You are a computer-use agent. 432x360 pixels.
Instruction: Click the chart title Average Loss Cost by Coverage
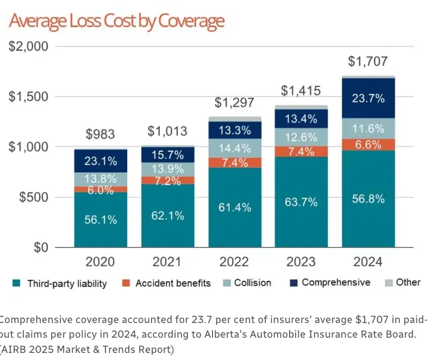tap(116, 21)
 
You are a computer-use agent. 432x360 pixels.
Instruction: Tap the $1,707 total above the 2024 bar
tap(368, 62)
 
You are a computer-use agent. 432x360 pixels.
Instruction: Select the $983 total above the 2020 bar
tap(101, 135)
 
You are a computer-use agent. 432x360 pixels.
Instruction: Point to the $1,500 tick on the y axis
tap(29, 97)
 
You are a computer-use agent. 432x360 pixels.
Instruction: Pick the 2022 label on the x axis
tap(234, 262)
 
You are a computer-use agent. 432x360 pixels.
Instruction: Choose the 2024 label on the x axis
tap(368, 262)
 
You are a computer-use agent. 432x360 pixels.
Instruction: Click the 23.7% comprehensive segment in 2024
tap(368, 98)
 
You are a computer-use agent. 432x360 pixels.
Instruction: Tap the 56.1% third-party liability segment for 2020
tap(101, 220)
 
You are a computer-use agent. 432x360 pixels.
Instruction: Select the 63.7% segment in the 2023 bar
tap(301, 202)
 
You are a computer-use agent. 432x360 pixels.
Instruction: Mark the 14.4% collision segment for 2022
tap(234, 148)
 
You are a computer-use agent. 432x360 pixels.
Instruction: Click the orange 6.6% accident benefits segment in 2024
tap(368, 145)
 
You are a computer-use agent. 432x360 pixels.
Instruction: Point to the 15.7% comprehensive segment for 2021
tap(167, 154)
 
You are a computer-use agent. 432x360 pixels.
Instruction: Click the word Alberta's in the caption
tap(272, 333)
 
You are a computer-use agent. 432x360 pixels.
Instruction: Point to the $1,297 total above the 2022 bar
tap(234, 103)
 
